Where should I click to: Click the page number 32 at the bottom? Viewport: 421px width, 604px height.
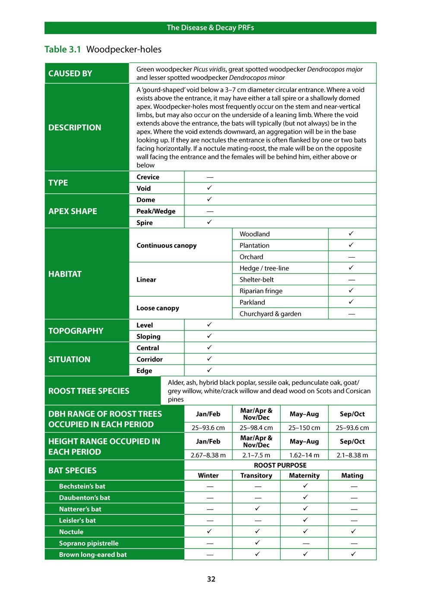(x=211, y=579)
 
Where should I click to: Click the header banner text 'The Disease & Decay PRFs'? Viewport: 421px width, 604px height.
(x=210, y=28)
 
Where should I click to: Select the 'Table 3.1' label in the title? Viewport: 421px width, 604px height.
(x=63, y=49)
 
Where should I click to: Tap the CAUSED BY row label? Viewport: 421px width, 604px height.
(x=70, y=73)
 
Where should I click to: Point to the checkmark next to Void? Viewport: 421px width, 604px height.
(x=209, y=188)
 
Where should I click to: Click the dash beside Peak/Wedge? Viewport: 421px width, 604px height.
(x=210, y=211)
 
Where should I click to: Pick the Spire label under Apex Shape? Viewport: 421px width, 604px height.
(x=145, y=223)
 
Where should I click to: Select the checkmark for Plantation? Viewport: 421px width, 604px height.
(x=351, y=245)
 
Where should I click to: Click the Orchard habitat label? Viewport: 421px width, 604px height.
(x=251, y=257)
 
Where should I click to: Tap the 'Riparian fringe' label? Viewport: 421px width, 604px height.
(x=261, y=291)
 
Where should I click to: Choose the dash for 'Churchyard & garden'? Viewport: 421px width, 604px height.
(x=351, y=314)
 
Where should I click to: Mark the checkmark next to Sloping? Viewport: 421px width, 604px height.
(x=209, y=336)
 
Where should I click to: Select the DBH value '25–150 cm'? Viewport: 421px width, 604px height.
(x=304, y=428)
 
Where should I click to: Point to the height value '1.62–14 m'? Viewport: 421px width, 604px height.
(x=304, y=455)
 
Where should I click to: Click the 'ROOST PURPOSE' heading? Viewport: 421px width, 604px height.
(x=280, y=465)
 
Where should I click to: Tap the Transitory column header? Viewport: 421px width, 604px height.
(x=256, y=475)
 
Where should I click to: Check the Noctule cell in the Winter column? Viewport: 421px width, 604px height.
(x=209, y=531)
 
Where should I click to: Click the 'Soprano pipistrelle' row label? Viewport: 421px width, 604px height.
(x=89, y=543)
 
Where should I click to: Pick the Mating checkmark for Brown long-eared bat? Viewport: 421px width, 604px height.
(x=353, y=554)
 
